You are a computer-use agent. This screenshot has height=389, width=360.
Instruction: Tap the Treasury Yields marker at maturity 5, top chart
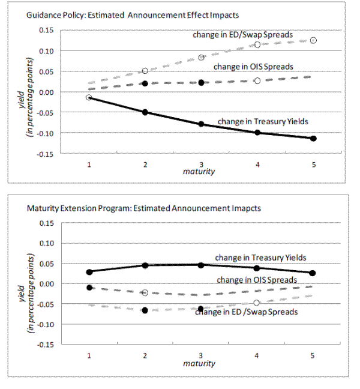(313, 139)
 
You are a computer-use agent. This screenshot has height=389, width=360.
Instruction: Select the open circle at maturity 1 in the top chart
(89, 97)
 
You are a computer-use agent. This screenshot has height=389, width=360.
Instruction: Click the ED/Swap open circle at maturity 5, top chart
(313, 40)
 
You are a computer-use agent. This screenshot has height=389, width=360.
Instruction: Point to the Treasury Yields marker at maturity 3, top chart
(201, 124)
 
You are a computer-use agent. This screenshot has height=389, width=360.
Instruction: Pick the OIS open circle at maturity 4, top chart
(257, 80)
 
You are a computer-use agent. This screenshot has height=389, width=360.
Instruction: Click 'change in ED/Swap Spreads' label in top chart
(242, 35)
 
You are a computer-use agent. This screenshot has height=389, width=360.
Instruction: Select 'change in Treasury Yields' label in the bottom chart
(261, 258)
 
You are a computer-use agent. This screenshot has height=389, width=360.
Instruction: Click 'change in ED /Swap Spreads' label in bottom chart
(246, 312)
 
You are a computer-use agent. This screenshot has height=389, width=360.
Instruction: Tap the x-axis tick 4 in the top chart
(257, 163)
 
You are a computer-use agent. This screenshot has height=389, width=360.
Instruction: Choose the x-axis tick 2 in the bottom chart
(145, 355)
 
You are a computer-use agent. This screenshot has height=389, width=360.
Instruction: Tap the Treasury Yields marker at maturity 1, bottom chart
(89, 272)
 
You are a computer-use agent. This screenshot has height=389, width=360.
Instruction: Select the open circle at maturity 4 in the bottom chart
(257, 303)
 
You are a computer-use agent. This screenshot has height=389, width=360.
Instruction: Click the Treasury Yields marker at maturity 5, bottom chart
(313, 273)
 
